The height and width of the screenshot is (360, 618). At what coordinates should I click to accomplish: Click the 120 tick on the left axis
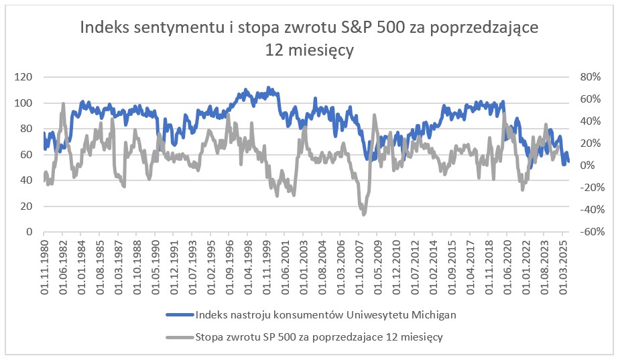pyautogui.click(x=23, y=77)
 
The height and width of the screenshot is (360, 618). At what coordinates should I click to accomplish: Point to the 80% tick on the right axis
pyautogui.click(x=584, y=77)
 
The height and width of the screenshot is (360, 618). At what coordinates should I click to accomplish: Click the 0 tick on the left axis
pyautogui.click(x=29, y=232)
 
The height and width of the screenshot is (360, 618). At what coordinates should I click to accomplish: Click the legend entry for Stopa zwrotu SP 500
pyautogui.click(x=319, y=337)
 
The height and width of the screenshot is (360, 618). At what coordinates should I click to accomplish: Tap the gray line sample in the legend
pyautogui.click(x=180, y=337)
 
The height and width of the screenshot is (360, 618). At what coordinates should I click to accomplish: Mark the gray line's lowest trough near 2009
pyautogui.click(x=364, y=214)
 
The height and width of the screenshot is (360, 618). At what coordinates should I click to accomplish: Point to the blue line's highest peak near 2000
pyautogui.click(x=269, y=88)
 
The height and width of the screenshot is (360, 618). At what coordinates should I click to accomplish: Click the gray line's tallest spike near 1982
pyautogui.click(x=63, y=104)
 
